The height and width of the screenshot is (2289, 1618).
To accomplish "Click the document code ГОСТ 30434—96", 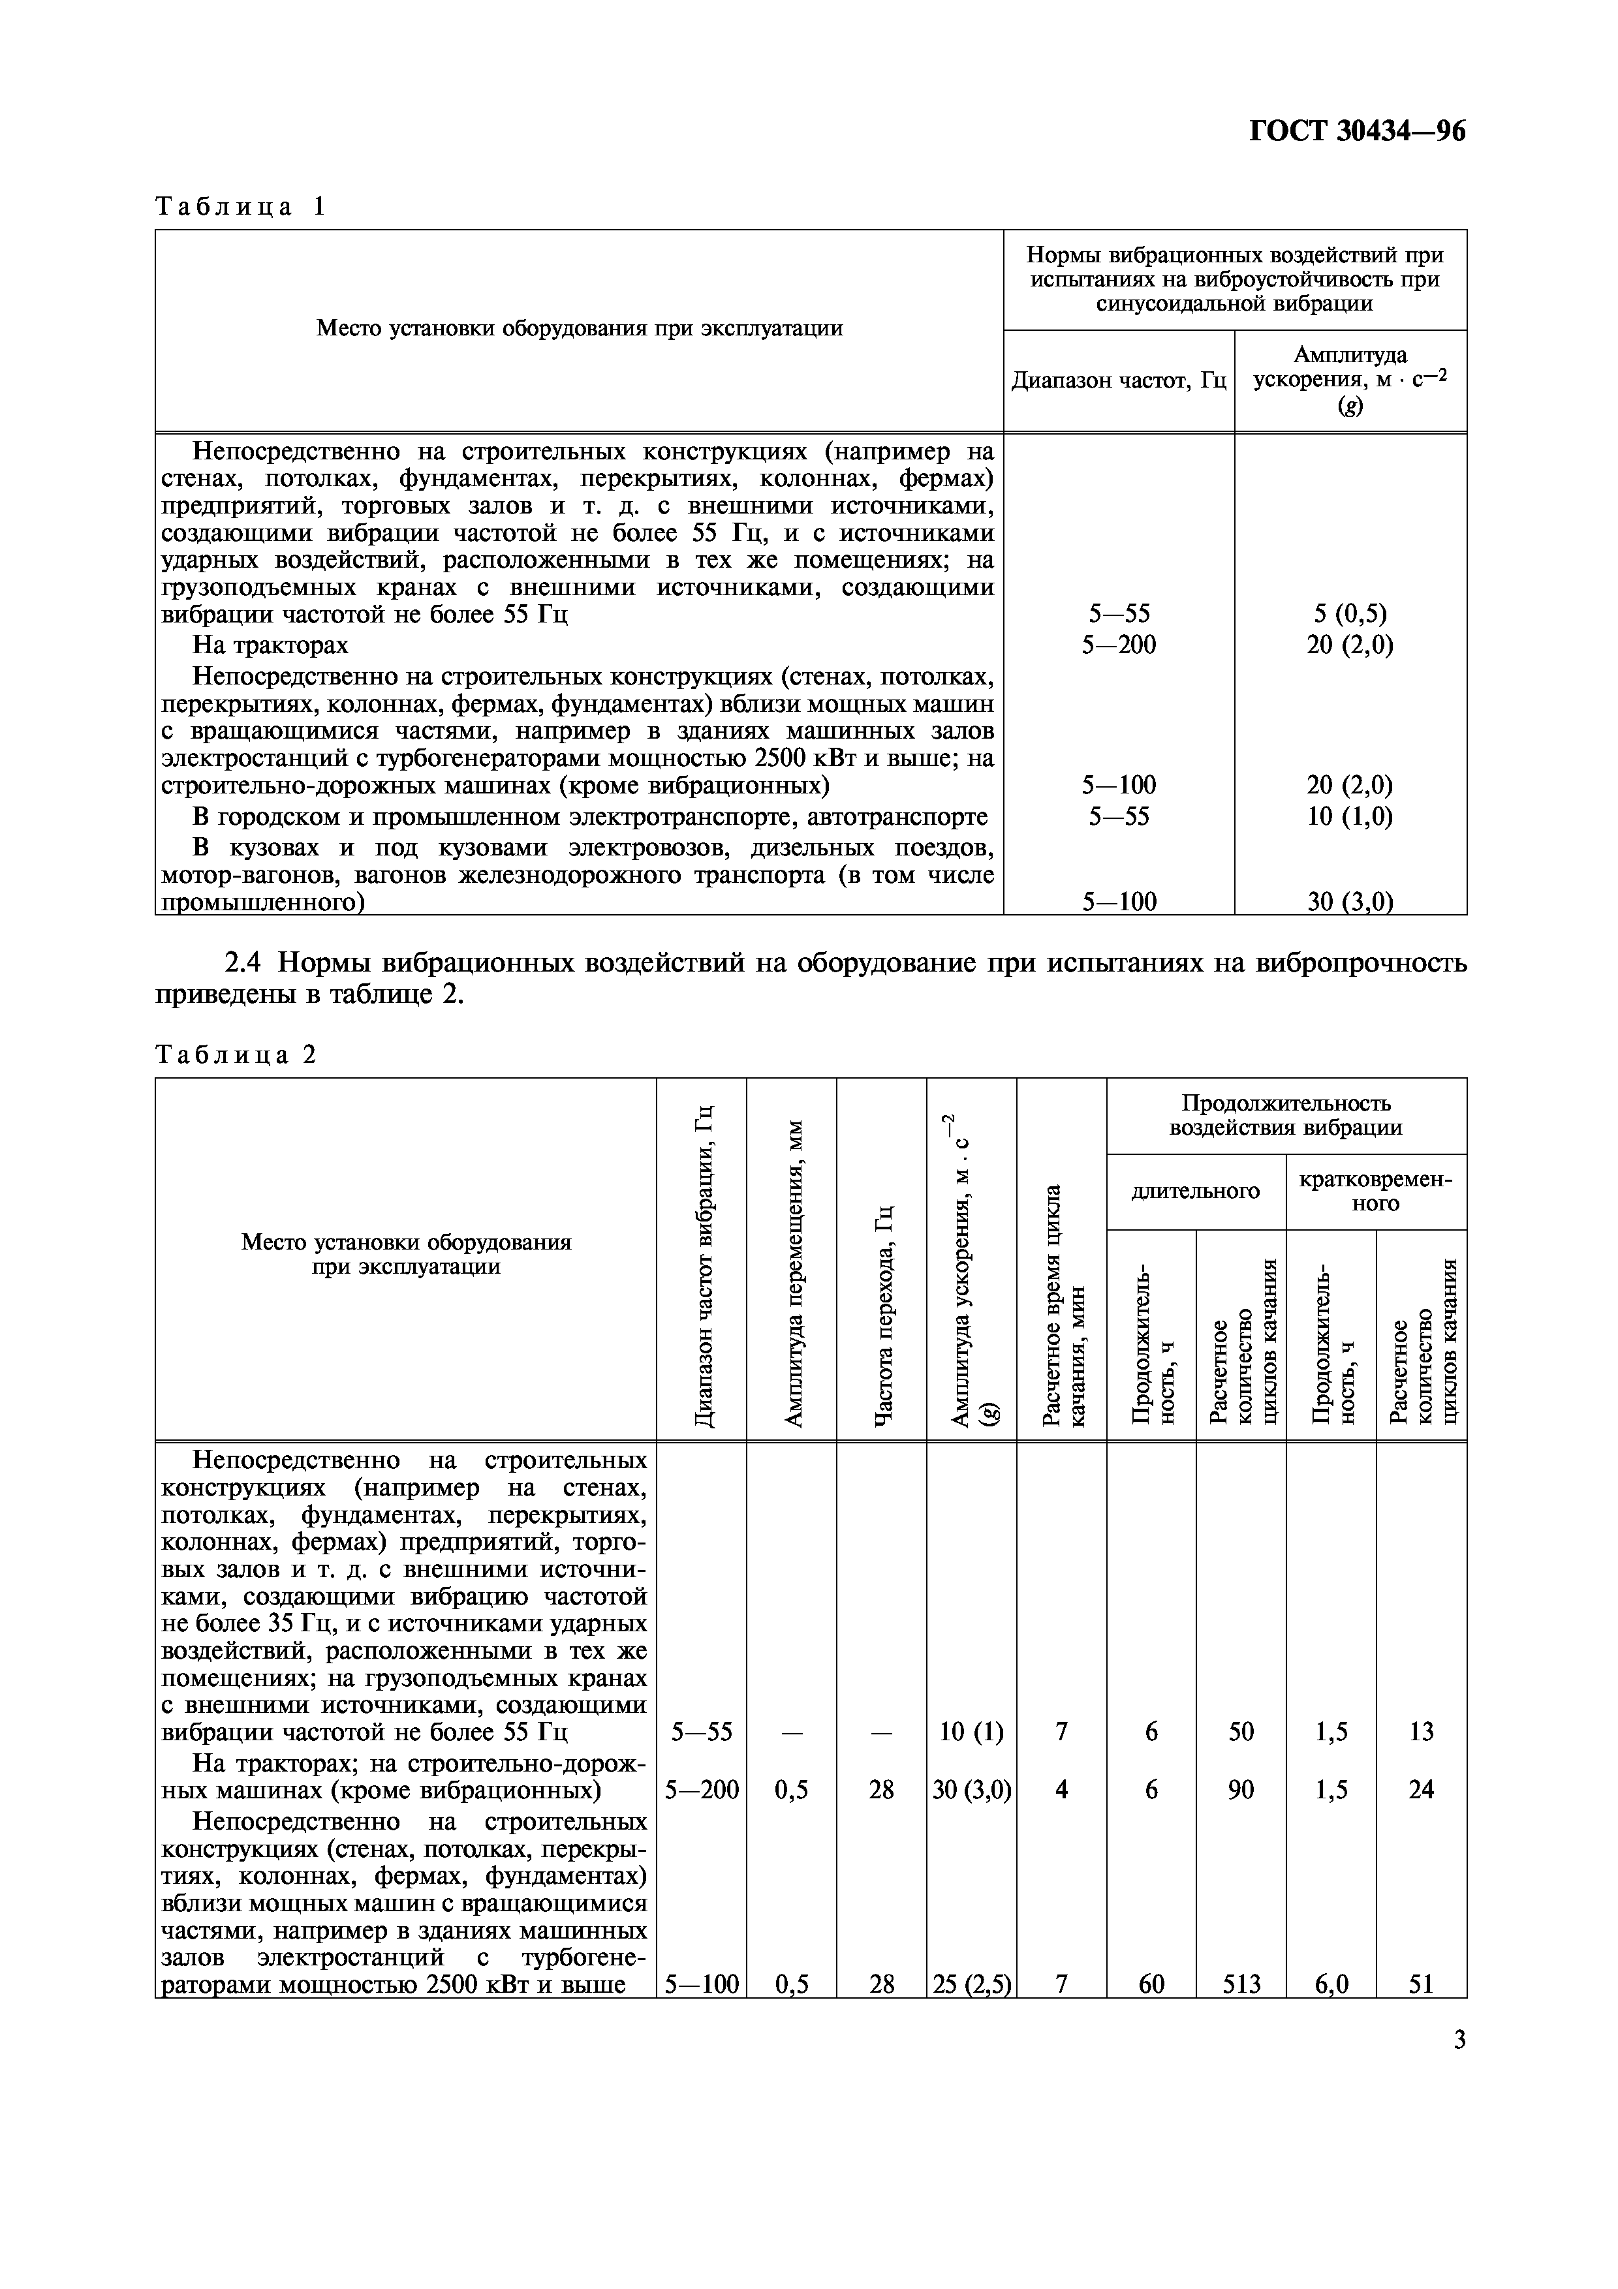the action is coord(1357,132).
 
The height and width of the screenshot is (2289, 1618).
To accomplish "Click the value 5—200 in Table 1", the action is coord(1119,645).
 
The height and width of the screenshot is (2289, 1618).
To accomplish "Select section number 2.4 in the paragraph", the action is coord(246,963).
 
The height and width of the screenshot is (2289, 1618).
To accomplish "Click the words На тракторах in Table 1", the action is coord(270,645).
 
